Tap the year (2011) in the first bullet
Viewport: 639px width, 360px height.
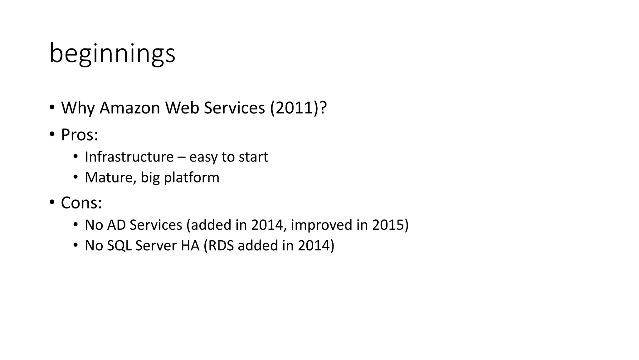[294, 108]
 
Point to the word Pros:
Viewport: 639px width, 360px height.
[80, 135]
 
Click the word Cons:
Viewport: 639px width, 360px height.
[81, 203]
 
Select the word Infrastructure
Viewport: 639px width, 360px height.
[129, 157]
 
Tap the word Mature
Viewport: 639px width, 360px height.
[110, 177]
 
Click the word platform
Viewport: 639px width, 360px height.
[192, 177]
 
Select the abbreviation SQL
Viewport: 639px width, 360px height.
[119, 246]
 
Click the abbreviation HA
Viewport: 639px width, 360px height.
[190, 246]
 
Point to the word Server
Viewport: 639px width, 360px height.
[156, 246]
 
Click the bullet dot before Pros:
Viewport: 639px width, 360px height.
[52, 134]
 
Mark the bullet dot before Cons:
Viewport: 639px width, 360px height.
[52, 202]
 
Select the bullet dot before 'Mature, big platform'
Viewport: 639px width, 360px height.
[75, 177]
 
